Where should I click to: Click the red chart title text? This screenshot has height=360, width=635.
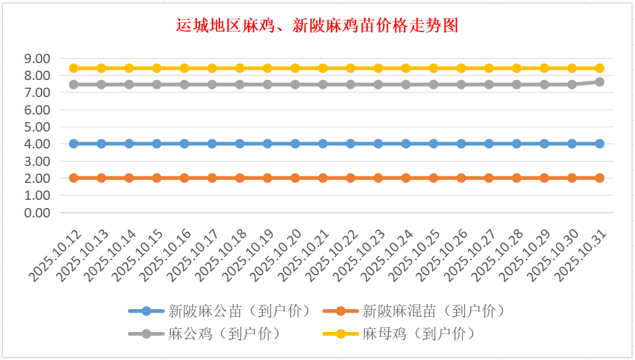pos(317,26)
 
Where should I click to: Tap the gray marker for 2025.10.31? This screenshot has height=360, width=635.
pos(599,82)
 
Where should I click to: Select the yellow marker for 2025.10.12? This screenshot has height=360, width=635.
pos(74,68)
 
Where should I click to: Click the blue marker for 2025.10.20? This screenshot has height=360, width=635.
pos(295,144)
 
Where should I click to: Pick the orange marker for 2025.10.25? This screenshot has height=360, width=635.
pos(433,178)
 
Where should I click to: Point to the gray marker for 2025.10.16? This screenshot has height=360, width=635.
pos(184,85)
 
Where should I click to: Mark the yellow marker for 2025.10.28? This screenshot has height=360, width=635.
pos(516,68)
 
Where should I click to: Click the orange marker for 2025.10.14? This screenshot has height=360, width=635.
pos(129,178)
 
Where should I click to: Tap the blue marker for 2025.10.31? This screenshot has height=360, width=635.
pos(599,144)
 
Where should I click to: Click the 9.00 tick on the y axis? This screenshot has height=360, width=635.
pos(36,58)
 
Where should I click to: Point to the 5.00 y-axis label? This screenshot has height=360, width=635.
pos(36,127)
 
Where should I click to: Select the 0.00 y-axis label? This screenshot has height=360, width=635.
pos(36,213)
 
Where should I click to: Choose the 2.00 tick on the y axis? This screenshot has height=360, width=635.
pos(36,178)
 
